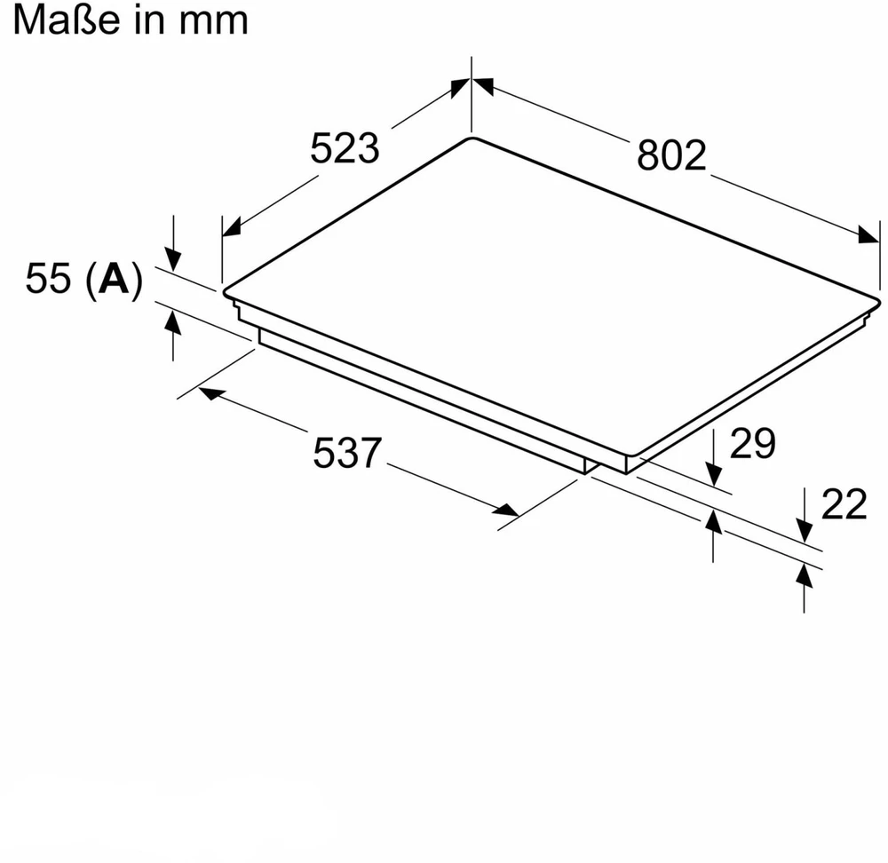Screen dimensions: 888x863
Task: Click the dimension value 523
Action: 345,147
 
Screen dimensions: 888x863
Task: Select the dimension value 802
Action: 671,154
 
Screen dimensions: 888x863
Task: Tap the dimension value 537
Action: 347,453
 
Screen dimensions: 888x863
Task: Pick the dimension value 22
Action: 844,503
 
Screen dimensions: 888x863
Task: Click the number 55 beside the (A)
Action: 48,278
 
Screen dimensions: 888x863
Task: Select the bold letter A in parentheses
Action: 114,279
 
